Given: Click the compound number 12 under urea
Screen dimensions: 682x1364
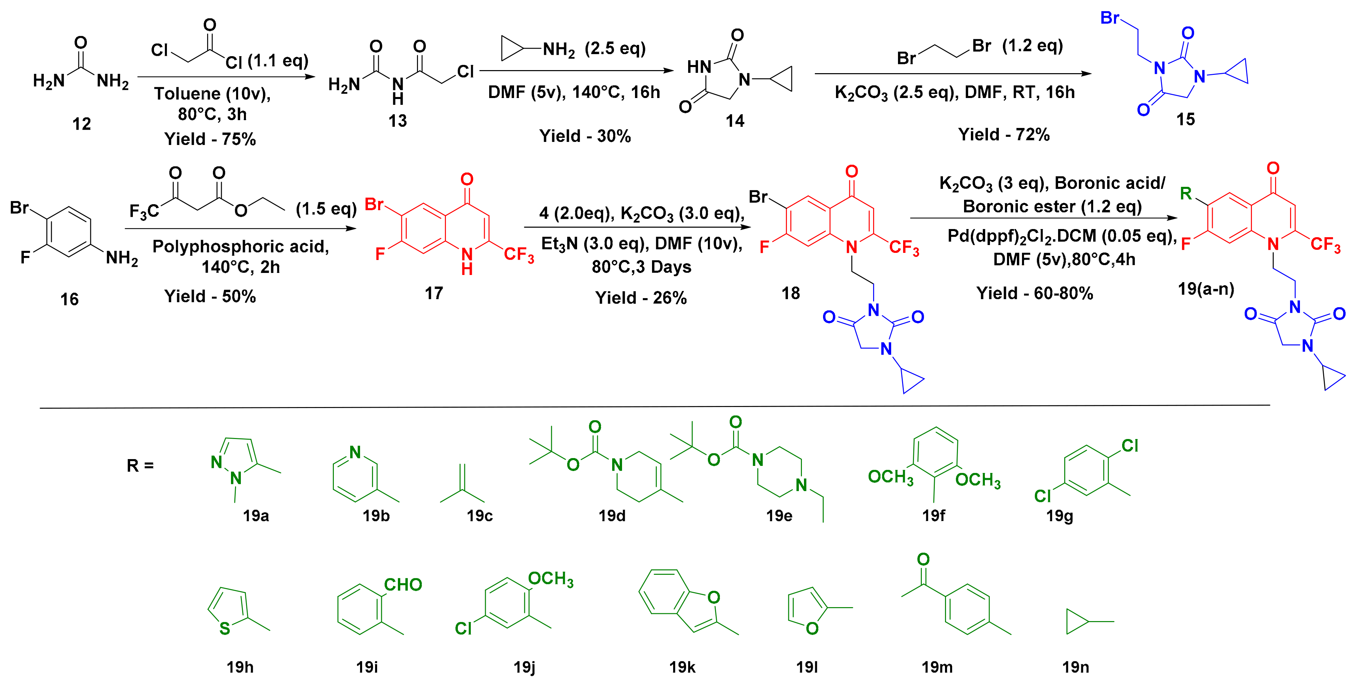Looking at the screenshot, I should tap(81, 124).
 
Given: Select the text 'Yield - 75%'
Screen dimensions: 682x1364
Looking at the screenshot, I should tap(210, 139).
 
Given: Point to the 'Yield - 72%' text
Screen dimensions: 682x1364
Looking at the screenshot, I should tap(1003, 134).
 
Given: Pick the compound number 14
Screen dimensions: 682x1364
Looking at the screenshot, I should tap(735, 121).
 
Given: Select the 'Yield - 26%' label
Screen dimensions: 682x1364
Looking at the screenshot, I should tap(641, 298).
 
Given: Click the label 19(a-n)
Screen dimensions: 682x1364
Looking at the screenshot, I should tap(1206, 289).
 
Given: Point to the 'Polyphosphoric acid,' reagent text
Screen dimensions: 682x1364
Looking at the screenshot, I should tap(241, 246).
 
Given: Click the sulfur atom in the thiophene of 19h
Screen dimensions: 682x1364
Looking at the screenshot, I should tap(224, 629).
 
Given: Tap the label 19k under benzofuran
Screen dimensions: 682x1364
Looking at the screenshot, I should tap(682, 667).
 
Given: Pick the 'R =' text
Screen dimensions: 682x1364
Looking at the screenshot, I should tap(140, 466).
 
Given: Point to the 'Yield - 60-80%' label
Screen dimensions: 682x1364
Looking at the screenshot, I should tap(1034, 293).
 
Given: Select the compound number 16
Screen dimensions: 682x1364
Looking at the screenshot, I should tap(69, 299).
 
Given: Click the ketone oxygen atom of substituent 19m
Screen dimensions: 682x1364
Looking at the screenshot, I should tap(923, 559).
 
